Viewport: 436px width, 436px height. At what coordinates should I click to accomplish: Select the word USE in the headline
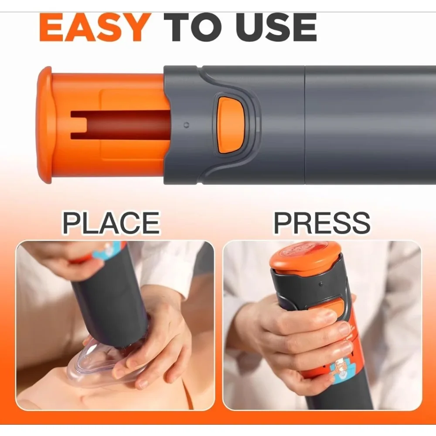pyautogui.click(x=276, y=27)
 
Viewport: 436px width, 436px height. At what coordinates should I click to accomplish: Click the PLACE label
pyautogui.click(x=111, y=223)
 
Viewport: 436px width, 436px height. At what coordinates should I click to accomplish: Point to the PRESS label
pyautogui.click(x=322, y=223)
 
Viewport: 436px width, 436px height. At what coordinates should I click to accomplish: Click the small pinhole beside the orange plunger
pyautogui.click(x=187, y=125)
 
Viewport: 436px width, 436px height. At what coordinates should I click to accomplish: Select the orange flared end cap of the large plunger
pyautogui.click(x=44, y=125)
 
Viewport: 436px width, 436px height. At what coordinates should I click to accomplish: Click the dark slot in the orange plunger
pyautogui.click(x=120, y=125)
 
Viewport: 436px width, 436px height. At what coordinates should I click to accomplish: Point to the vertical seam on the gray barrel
pyautogui.click(x=305, y=125)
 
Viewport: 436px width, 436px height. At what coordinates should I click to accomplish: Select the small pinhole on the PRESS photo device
pyautogui.click(x=321, y=284)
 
